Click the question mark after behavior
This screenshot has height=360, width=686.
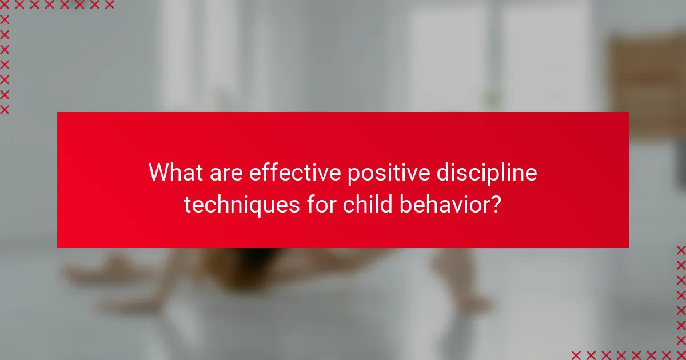tap(497, 203)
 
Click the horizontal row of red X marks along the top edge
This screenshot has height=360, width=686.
tap(57, 5)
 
